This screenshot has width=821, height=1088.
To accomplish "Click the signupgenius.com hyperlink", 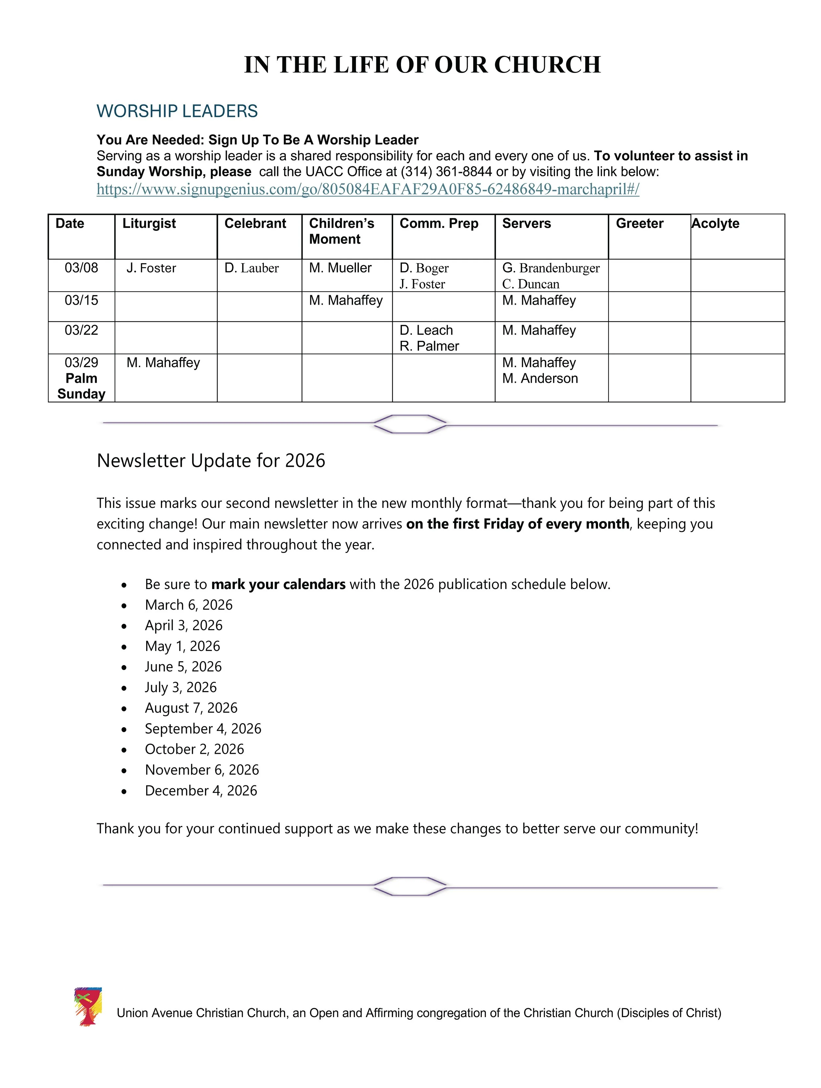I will tap(367, 189).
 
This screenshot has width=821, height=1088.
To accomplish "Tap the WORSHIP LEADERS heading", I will tap(177, 111).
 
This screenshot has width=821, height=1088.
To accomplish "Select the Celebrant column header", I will tap(255, 224).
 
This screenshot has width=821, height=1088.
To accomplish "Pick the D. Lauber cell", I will tap(251, 268).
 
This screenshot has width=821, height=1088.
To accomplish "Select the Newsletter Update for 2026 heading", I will tap(211, 461).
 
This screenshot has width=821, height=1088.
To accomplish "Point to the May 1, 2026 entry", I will tap(183, 646).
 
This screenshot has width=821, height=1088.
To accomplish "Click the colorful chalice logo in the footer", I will tap(88, 1006).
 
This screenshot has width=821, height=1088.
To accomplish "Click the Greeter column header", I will tap(639, 224).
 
